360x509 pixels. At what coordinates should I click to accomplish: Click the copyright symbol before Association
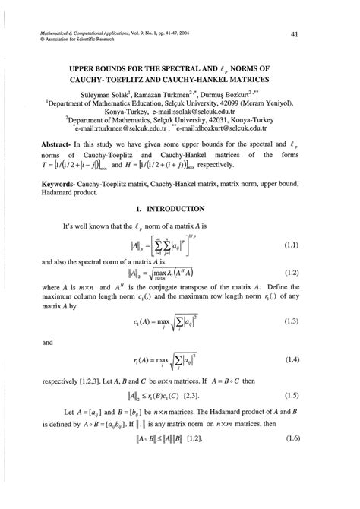pos(29,41)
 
